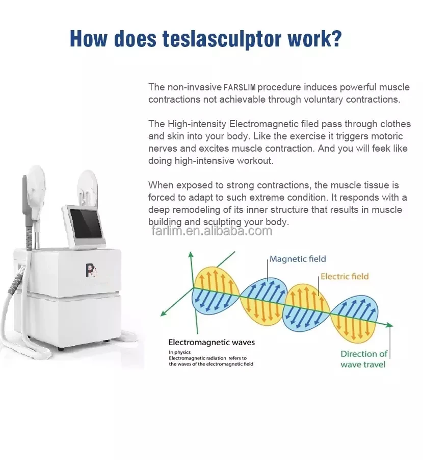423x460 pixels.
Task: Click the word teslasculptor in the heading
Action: click(x=215, y=39)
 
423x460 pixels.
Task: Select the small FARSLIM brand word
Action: click(x=240, y=88)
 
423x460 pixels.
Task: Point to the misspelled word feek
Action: click(x=385, y=149)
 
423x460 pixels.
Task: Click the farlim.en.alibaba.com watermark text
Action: click(x=211, y=231)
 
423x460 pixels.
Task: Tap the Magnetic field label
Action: click(x=298, y=259)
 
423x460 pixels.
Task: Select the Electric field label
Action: click(x=345, y=276)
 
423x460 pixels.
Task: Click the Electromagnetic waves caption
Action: click(x=211, y=342)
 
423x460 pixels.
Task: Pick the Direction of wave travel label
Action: click(x=363, y=359)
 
